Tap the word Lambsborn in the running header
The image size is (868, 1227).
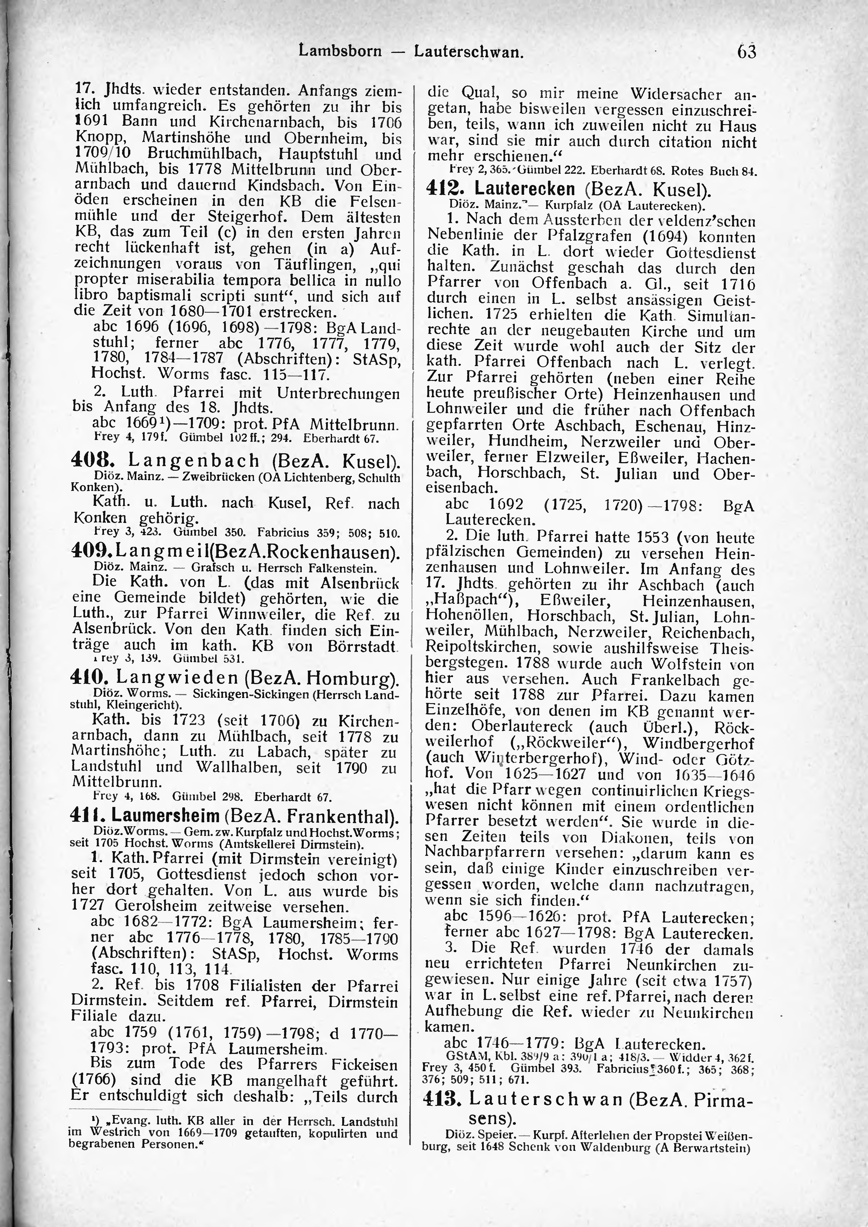(340, 52)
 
